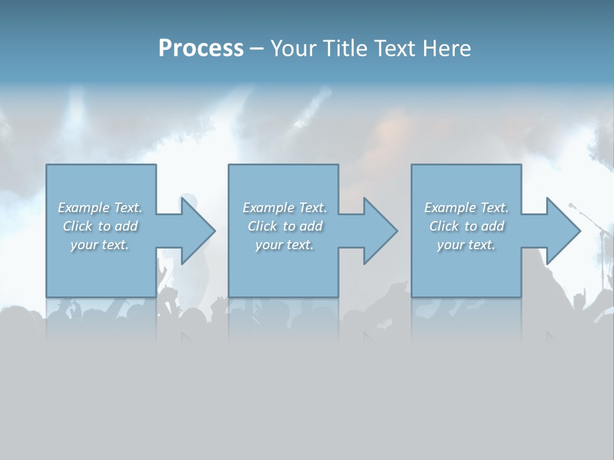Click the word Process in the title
click(201, 49)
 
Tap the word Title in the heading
click(345, 49)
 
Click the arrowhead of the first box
click(196, 231)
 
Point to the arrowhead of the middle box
click(378, 231)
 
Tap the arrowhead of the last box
click(561, 231)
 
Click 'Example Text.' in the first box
click(100, 208)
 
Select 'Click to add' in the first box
click(100, 226)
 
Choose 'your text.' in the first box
click(100, 245)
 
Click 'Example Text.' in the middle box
click(285, 208)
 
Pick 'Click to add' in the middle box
click(285, 226)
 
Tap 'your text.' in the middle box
click(285, 245)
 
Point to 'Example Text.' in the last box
click(466, 208)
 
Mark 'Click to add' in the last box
click(466, 226)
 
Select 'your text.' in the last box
click(466, 245)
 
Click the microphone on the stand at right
click(572, 206)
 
